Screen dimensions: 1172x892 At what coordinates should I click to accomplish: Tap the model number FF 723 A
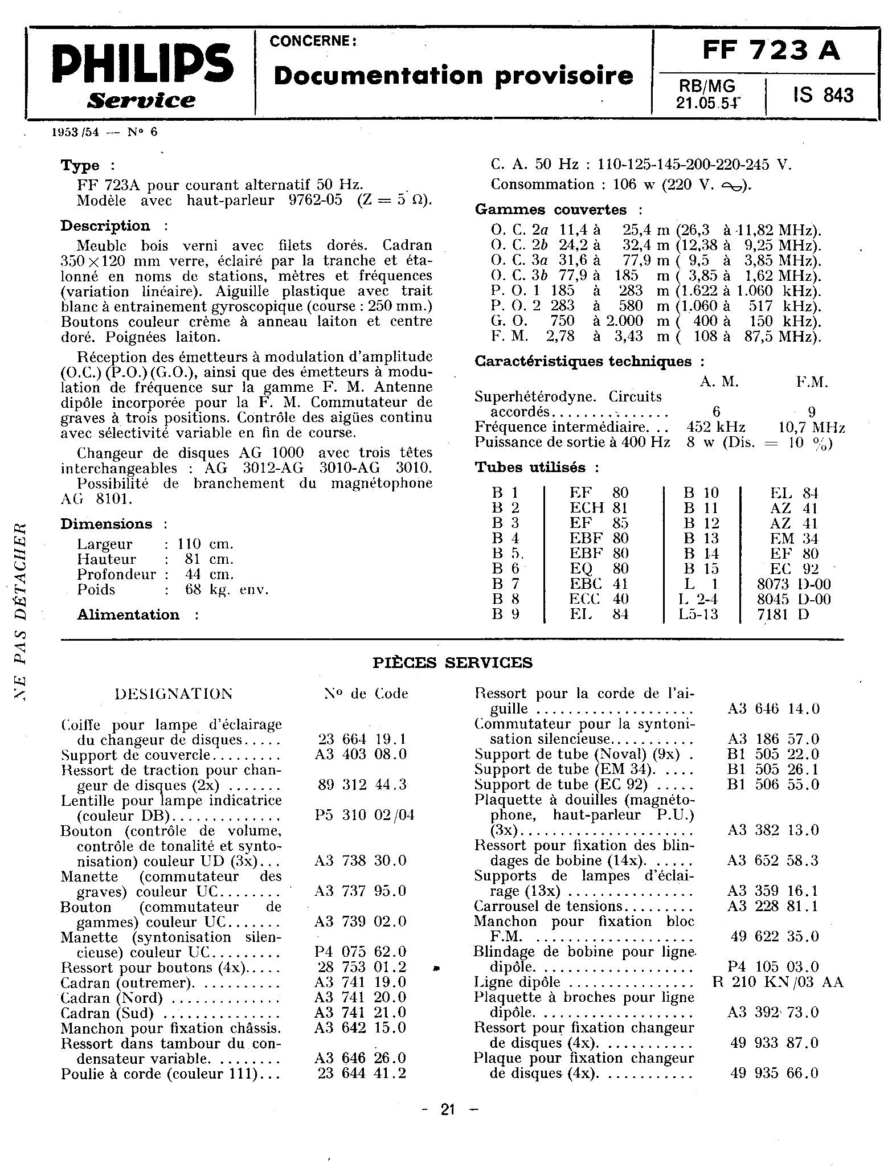click(x=771, y=51)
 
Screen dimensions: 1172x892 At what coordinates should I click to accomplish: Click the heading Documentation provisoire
click(x=453, y=76)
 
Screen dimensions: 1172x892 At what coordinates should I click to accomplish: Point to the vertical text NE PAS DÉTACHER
click(x=21, y=609)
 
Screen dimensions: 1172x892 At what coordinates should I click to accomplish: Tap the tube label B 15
click(x=701, y=568)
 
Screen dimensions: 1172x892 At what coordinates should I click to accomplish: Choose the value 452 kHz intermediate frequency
click(x=716, y=427)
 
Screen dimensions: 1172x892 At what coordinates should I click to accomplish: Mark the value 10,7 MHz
click(x=811, y=427)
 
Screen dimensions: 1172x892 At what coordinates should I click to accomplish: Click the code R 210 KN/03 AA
click(x=778, y=982)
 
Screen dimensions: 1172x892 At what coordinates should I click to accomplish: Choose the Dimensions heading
click(x=107, y=524)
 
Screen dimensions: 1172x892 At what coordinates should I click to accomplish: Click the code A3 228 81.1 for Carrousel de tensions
click(x=772, y=906)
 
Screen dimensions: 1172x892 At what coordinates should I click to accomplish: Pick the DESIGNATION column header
click(x=173, y=694)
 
